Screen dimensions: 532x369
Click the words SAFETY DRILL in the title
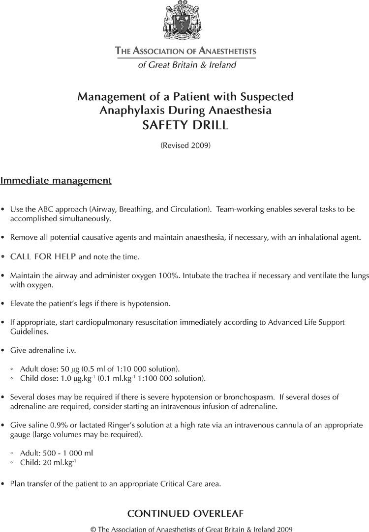(185, 125)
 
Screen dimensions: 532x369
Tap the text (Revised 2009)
(185, 145)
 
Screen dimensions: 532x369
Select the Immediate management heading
(56, 181)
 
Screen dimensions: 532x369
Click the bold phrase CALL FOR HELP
(43, 256)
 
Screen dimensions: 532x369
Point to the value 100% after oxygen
(169, 276)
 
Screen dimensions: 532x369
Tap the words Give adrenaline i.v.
(43, 350)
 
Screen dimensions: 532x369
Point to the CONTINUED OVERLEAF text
(185, 514)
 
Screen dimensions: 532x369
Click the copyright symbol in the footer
(93, 529)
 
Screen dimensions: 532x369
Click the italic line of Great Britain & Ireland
(187, 65)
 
